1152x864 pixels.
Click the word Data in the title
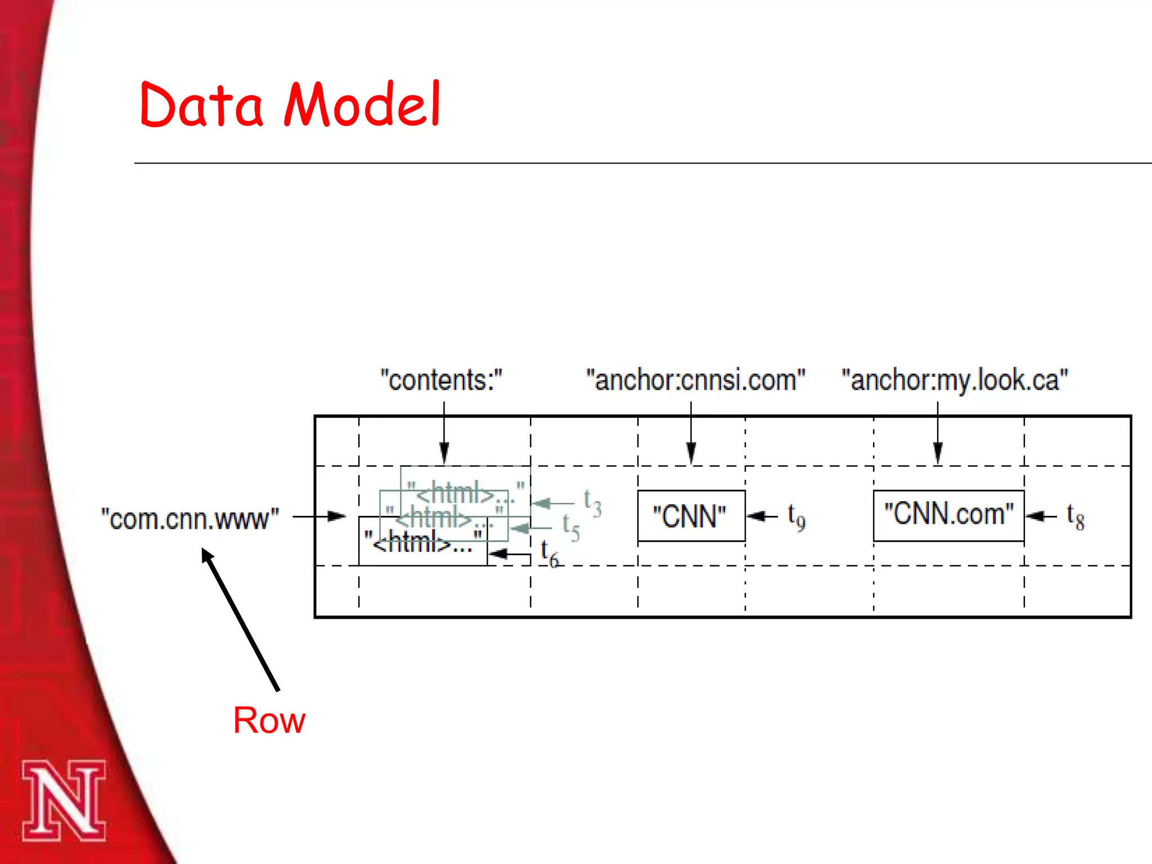201,105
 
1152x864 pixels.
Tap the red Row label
269,720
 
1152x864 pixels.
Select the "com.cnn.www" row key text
190,519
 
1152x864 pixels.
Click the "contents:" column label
441,380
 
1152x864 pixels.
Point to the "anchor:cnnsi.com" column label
695,380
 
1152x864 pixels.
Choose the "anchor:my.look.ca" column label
955,380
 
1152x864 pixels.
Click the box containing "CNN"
691,516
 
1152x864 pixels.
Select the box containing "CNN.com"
948,515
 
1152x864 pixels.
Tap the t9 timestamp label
796,516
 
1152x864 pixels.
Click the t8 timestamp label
1075,516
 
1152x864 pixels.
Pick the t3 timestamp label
592,502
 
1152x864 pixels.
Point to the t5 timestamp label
571,527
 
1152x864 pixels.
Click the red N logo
64,800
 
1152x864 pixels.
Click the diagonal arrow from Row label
240,619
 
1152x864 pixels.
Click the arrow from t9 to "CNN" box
762,516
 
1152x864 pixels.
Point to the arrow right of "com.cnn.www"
319,516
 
